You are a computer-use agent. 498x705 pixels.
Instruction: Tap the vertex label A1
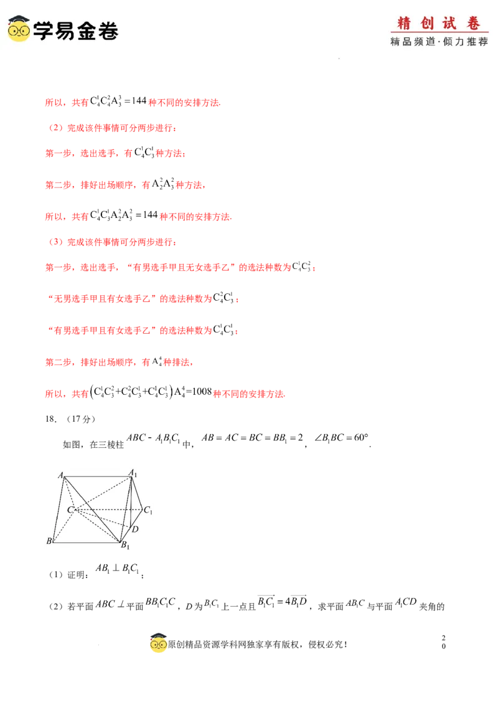tap(133, 473)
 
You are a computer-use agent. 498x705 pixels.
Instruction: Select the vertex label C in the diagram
tap(70, 510)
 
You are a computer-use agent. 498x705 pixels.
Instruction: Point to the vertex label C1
tap(148, 511)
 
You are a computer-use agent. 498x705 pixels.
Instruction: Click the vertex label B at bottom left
tap(49, 541)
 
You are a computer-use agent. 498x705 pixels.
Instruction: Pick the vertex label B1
tap(125, 546)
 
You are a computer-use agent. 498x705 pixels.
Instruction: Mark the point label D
tap(134, 529)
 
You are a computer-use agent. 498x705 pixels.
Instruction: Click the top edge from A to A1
tap(96, 477)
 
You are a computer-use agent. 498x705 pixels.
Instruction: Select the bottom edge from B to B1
tap(87, 542)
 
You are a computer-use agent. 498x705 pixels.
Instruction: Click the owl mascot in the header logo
tap(19, 29)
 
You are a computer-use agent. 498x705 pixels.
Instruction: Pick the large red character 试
tap(449, 24)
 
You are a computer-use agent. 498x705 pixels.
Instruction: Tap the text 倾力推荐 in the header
tap(466, 42)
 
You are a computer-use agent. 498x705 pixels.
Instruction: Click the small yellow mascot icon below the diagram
tap(159, 645)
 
